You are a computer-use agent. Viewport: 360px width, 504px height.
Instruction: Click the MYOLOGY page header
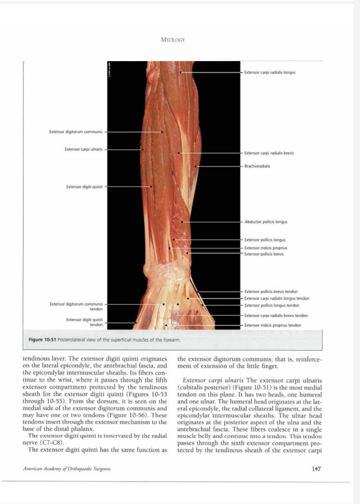[172, 40]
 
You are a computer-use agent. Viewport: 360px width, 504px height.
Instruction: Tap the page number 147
[317, 469]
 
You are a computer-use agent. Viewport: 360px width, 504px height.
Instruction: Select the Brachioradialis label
[257, 166]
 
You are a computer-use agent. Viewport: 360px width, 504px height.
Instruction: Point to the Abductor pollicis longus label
[266, 222]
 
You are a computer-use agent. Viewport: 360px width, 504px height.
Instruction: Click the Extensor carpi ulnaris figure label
[83, 149]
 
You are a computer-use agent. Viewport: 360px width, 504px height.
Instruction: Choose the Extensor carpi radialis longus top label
[269, 72]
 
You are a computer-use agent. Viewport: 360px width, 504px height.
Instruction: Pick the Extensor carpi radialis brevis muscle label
[269, 153]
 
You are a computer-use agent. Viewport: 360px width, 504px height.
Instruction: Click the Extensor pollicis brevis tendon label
[271, 292]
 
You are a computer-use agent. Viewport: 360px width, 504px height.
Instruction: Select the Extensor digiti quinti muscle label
[84, 187]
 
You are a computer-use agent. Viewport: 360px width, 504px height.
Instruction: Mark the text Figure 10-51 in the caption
[42, 340]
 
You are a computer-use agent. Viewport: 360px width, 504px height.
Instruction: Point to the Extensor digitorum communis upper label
[76, 132]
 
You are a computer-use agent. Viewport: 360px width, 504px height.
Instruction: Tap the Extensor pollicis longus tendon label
[272, 305]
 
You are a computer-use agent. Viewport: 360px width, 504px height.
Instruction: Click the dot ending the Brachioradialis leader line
[196, 167]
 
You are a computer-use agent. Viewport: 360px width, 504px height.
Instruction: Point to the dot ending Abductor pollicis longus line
[182, 222]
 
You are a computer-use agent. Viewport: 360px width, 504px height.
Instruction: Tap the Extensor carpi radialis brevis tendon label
[276, 315]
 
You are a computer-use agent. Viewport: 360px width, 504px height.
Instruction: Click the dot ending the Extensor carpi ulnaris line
[142, 149]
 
